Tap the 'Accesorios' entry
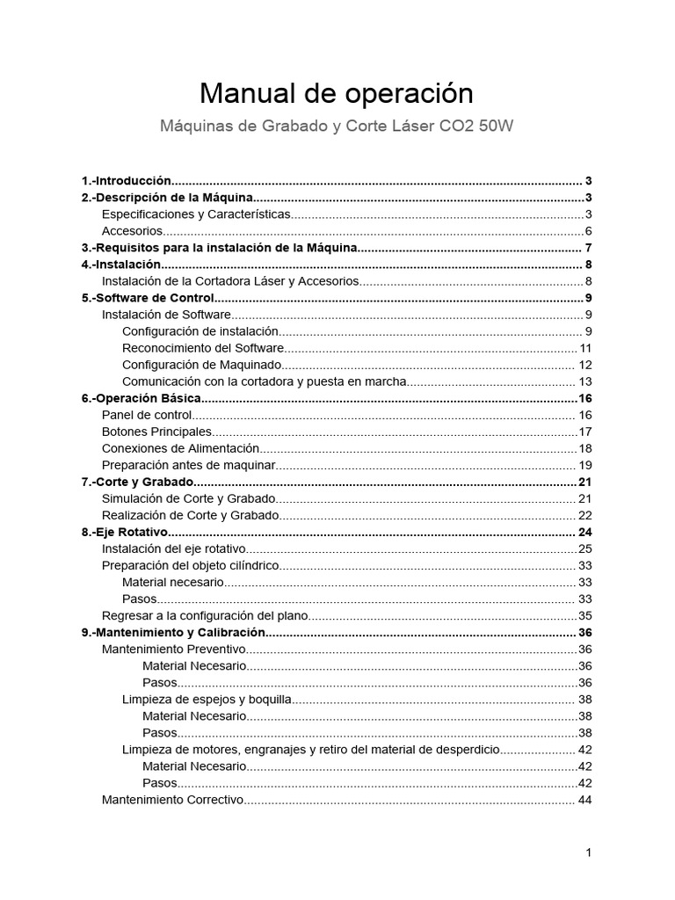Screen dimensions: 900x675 [133, 231]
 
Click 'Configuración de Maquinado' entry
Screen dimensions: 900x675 [202, 365]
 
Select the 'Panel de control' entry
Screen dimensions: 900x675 [147, 415]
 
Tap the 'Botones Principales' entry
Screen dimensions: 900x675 [156, 432]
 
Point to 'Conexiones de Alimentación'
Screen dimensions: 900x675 [180, 448]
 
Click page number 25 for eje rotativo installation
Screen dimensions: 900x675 [584, 548]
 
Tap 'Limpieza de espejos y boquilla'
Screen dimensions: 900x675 [207, 700]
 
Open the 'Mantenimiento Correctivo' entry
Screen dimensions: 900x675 [171, 800]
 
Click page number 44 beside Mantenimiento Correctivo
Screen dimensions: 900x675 [584, 800]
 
